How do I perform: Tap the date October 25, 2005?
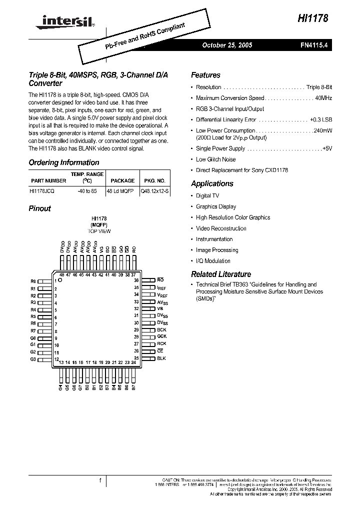(227, 45)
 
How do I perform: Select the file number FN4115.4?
(314, 45)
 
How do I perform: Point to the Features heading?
(205, 75)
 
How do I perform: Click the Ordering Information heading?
(64, 162)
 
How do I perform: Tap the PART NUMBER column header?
(48, 181)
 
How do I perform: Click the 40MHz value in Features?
(323, 98)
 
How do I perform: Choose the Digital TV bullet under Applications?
(207, 196)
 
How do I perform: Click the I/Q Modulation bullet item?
(213, 261)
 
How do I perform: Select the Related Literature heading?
(221, 274)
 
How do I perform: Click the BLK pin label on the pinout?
(161, 358)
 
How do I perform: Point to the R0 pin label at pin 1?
(33, 281)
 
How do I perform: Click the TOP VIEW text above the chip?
(99, 231)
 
